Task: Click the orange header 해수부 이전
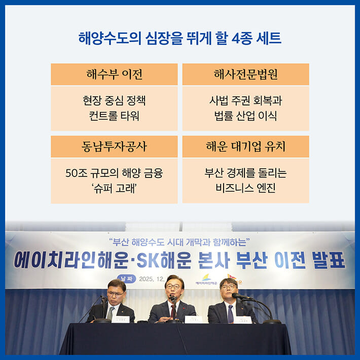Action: [114, 75]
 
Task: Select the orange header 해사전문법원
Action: [245, 75]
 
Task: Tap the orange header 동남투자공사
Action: [114, 147]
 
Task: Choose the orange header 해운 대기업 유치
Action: [245, 147]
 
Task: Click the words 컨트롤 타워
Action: [114, 116]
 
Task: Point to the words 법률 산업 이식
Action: [245, 116]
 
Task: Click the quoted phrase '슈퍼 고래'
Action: [114, 188]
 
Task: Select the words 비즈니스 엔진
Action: [245, 188]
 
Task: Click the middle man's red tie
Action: [173, 309]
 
